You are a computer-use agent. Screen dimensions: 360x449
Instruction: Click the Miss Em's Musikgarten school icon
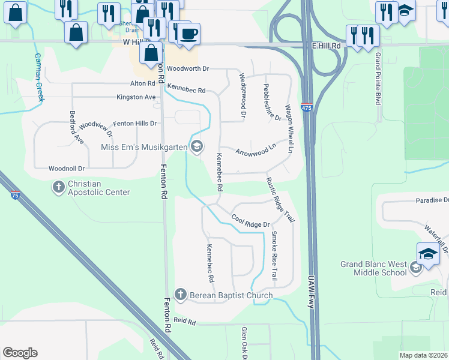[x=196, y=146]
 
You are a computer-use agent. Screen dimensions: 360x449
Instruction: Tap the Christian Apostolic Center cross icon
[x=59, y=187]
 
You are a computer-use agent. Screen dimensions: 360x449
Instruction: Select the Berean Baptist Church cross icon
[x=180, y=295]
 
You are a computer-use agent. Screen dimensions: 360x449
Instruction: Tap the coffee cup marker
[x=188, y=33]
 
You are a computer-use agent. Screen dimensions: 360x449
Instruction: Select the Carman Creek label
[x=38, y=77]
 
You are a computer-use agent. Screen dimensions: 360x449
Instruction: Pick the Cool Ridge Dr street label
[x=250, y=221]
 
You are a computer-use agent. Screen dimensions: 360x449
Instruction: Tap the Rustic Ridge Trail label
[x=282, y=199]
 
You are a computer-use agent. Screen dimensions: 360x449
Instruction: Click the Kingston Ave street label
[x=136, y=97]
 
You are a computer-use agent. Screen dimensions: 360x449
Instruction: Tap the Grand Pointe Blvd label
[x=378, y=78]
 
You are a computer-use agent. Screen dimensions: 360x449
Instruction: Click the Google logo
[x=20, y=353]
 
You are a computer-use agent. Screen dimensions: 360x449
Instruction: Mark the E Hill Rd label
[x=327, y=46]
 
